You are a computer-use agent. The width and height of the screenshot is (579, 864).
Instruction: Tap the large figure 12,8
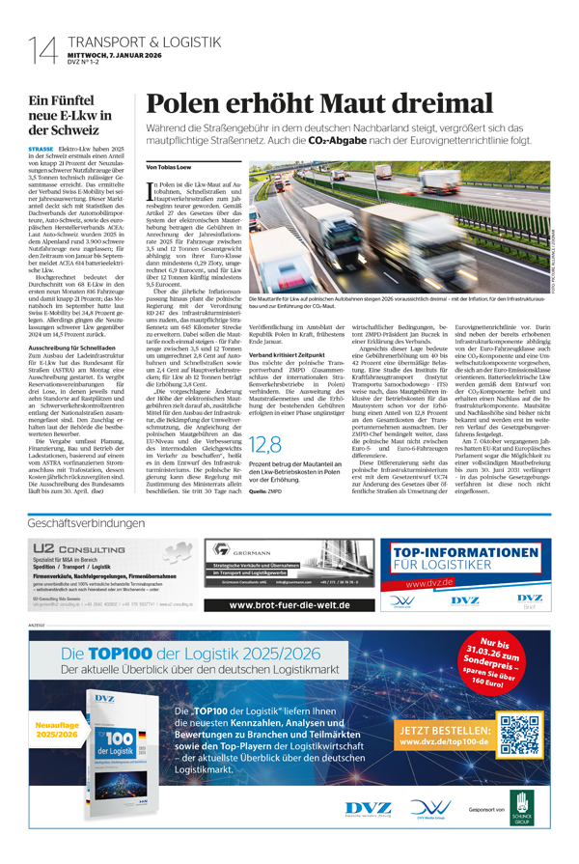267,444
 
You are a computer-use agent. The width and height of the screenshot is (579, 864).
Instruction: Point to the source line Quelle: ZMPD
266,489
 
